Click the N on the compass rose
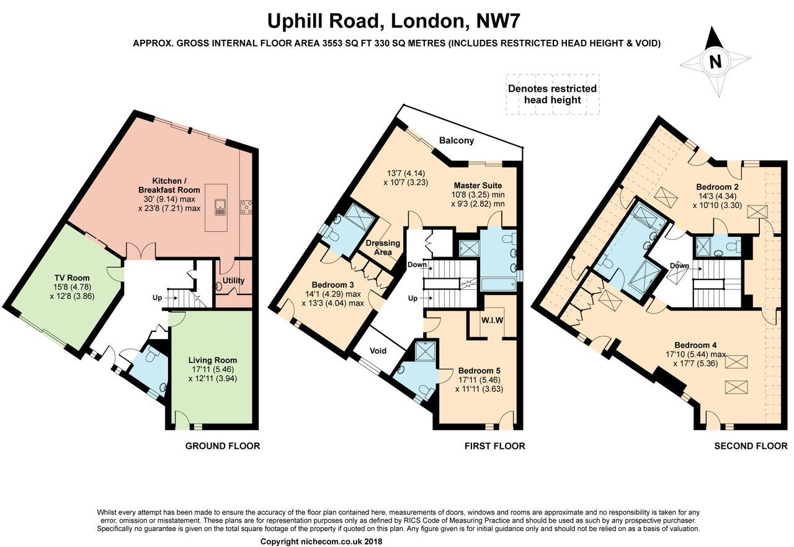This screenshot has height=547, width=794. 715,61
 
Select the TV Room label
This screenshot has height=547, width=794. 71,278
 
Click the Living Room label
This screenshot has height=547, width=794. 212,359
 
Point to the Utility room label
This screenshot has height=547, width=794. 234,281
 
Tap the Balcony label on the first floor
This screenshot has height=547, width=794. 456,140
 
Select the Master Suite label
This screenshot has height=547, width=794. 478,185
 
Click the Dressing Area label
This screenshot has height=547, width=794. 383,248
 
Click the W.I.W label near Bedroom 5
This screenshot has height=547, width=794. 492,320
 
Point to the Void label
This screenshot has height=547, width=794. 378,351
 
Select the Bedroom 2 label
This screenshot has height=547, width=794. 716,186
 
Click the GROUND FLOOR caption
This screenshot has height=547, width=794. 223,446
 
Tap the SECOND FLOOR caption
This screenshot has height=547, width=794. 751,446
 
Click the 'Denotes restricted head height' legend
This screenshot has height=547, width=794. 552,94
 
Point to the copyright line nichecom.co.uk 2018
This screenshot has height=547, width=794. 321,541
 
